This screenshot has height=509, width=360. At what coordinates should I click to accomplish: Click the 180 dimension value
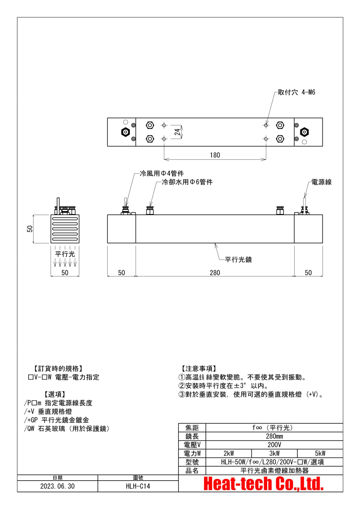[215, 155]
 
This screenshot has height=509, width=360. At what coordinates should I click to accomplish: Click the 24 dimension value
[177, 132]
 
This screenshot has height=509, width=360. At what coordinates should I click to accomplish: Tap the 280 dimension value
[215, 273]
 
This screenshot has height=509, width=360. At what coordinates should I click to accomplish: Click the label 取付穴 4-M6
[296, 92]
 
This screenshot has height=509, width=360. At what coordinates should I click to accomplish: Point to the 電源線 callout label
[321, 182]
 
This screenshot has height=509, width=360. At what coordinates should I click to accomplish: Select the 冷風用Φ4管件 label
[162, 174]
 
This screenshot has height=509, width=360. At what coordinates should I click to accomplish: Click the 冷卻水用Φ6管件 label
[187, 182]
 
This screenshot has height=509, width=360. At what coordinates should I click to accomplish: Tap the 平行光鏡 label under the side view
[238, 260]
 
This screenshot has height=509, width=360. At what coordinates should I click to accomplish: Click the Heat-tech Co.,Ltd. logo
[264, 484]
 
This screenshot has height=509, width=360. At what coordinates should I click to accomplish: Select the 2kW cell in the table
[229, 454]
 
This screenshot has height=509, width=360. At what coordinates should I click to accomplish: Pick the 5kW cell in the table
[320, 454]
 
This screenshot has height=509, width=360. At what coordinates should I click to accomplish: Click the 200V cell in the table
[274, 445]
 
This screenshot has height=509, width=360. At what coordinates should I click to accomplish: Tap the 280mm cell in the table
[274, 436]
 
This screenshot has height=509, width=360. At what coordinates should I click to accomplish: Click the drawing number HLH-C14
[138, 486]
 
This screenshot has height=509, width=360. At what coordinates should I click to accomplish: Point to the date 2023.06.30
[58, 486]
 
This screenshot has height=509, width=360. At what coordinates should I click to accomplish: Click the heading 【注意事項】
[198, 368]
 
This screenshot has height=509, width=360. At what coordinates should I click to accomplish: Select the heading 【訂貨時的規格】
[58, 368]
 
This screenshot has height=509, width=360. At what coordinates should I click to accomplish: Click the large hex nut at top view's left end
[126, 132]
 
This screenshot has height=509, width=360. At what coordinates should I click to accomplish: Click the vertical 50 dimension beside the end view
[30, 229]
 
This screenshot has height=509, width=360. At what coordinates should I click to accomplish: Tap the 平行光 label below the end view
[65, 254]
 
